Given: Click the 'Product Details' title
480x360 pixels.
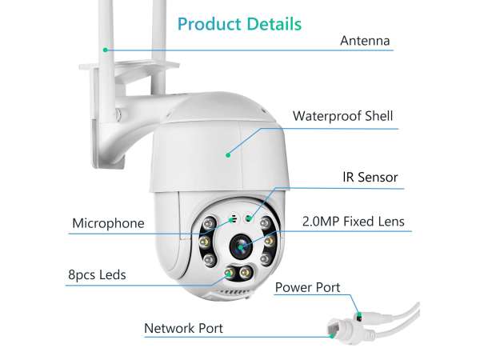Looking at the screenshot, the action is (240, 24).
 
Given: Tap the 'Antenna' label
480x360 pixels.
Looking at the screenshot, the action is (365, 41).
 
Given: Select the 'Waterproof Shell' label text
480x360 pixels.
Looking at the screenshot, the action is (343, 116).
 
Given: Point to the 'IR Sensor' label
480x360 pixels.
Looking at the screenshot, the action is (370, 177).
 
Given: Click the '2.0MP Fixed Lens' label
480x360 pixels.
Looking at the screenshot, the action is (354, 222).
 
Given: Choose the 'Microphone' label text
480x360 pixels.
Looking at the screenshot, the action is (108, 223).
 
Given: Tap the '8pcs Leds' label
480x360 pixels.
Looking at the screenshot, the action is (97, 274).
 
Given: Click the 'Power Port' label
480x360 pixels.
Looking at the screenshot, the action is (308, 287).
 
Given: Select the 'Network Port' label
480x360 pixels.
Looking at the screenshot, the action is (183, 328).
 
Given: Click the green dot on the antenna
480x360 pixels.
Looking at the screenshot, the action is (106, 50).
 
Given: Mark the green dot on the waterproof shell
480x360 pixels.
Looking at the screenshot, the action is (228, 155).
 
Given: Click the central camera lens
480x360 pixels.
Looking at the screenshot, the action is (241, 246).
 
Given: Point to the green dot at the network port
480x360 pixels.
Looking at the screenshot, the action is (332, 336).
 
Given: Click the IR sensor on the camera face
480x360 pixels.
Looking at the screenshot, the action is (248, 218).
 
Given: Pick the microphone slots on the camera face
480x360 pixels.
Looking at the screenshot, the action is (234, 218).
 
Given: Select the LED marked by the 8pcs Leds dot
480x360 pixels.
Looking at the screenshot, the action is (230, 273).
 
